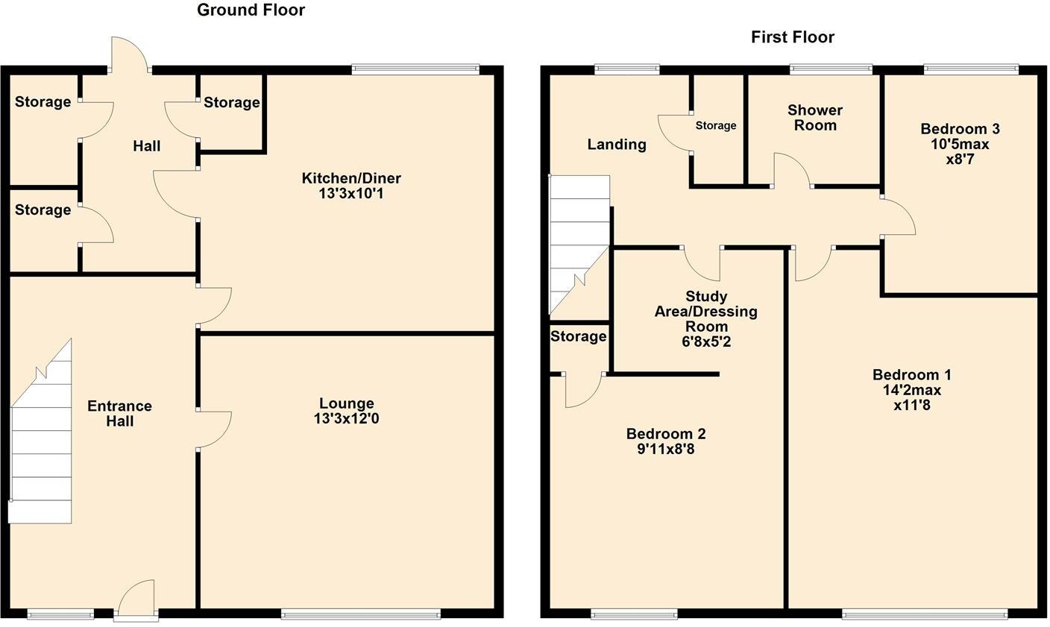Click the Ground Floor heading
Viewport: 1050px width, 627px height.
251,10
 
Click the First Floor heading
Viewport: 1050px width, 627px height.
792,37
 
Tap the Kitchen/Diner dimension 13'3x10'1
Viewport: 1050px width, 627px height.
351,194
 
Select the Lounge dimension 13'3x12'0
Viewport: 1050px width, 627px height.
347,419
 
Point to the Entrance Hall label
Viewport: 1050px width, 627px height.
119,414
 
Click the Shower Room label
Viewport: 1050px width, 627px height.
815,118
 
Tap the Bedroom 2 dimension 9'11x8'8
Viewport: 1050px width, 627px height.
665,450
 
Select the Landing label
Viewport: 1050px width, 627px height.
617,145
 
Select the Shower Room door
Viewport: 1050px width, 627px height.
792,170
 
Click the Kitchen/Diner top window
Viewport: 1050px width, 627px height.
415,69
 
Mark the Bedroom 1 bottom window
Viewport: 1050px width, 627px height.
924,614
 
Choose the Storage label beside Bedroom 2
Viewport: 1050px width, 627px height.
578,337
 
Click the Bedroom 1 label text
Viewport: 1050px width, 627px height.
912,375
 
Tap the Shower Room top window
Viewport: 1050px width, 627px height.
831,69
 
